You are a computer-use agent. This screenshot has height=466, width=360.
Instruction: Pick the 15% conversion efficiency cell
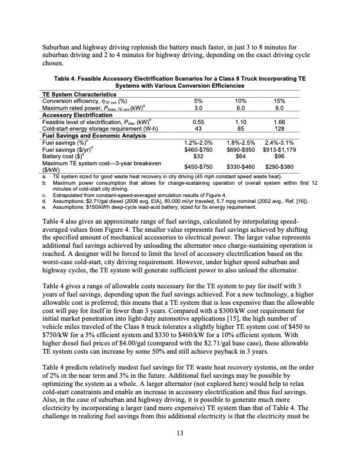point(280,101)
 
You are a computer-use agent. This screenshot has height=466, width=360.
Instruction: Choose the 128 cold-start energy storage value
point(280,127)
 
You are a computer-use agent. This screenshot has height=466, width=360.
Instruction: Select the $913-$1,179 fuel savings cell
point(280,147)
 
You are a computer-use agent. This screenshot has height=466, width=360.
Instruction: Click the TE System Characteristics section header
point(78,94)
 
